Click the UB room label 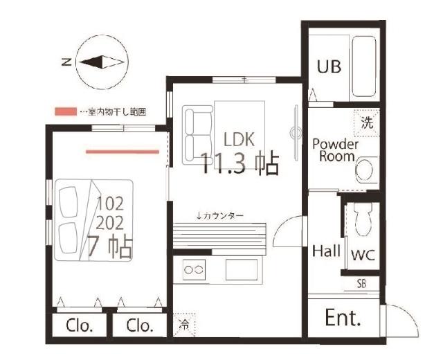(x=329, y=66)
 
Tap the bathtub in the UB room (x=365, y=66)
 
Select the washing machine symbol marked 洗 (x=366, y=123)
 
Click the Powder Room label (x=335, y=150)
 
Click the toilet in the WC (x=363, y=219)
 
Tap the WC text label (x=363, y=255)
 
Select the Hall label (x=326, y=251)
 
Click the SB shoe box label (x=361, y=284)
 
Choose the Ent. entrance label (x=343, y=318)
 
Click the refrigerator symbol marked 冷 (x=184, y=325)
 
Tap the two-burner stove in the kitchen (x=194, y=269)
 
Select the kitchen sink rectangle (x=242, y=269)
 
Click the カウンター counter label (x=220, y=216)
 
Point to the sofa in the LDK (x=197, y=135)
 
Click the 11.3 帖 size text (x=240, y=163)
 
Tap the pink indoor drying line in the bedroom (x=123, y=152)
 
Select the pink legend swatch (x=66, y=111)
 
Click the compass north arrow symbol (x=102, y=62)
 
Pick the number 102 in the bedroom (x=110, y=204)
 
